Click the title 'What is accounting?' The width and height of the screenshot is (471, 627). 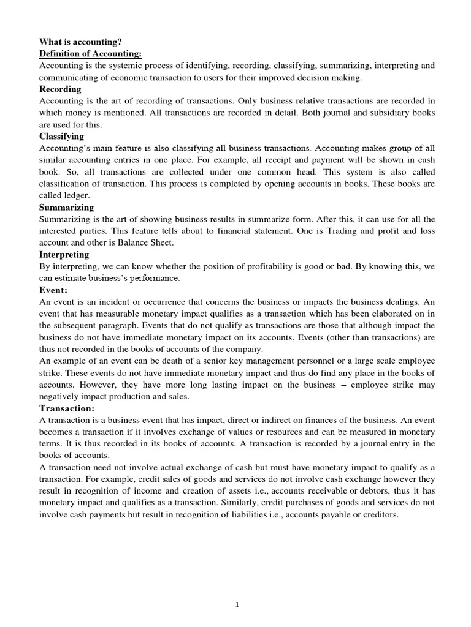80,42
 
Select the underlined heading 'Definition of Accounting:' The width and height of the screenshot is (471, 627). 90,54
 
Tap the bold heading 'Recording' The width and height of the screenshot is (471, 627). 60,89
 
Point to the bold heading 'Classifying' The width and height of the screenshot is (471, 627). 62,136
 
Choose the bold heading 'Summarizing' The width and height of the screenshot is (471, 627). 67,207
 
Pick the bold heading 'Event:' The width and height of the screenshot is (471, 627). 54,290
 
